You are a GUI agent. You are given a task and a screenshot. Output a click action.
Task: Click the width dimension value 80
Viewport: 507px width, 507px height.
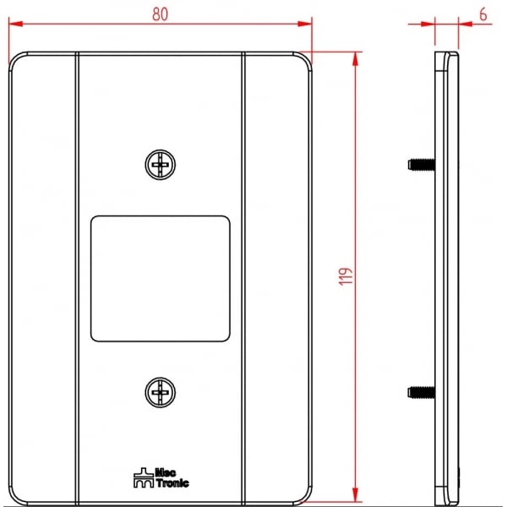tap(161, 14)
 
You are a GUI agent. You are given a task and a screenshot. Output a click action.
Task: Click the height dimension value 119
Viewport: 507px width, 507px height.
tap(346, 276)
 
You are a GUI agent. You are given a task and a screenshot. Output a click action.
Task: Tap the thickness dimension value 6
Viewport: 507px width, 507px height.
tap(482, 14)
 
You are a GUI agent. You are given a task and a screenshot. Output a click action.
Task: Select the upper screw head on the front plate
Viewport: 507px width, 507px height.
tap(161, 165)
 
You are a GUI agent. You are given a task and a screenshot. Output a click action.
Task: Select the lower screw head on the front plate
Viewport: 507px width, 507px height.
tap(161, 392)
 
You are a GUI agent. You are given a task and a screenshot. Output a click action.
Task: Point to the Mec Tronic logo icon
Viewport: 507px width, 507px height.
tap(144, 477)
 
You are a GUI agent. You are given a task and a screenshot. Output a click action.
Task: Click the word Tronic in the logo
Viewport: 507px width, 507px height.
tap(172, 483)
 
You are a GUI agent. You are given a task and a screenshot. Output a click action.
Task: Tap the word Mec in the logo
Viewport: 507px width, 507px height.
tap(166, 472)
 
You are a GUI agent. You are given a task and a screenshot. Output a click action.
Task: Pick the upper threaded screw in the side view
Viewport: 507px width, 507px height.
tap(422, 165)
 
